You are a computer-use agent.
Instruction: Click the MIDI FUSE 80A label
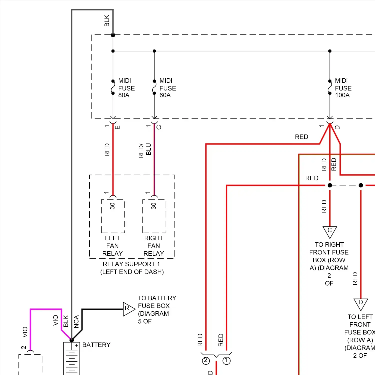[x=126, y=88]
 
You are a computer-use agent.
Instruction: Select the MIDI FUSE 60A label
[x=168, y=88]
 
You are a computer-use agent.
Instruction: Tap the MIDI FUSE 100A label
[x=343, y=88]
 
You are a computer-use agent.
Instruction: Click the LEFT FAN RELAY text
[x=112, y=246]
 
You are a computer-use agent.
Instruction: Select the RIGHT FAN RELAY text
[x=154, y=246]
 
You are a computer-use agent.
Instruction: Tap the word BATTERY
[x=96, y=345]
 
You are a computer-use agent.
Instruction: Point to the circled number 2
[x=206, y=360]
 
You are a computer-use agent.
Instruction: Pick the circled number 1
[x=226, y=360]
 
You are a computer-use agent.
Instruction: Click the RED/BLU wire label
[x=145, y=151]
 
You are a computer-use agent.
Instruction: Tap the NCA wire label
[x=76, y=321]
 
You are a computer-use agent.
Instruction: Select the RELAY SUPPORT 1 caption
[x=131, y=264]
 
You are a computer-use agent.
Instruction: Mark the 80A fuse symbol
[x=113, y=87]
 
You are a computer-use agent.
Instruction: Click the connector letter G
[x=159, y=127]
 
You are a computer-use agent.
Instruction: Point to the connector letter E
[x=117, y=127]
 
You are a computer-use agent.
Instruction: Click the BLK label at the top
[x=107, y=20]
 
